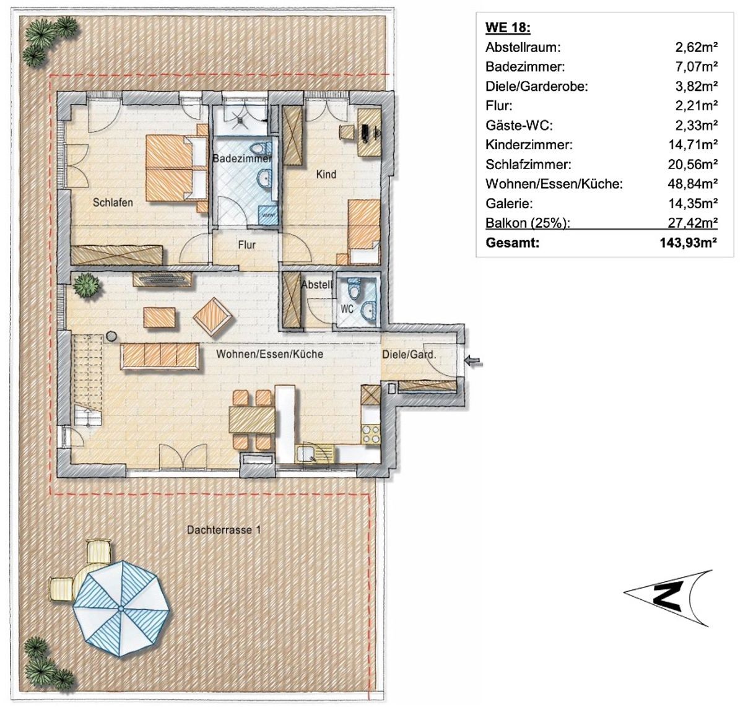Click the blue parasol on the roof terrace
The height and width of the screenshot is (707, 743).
point(121,609)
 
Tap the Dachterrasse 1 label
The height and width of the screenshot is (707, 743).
point(224,530)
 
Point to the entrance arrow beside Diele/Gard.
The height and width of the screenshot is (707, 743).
point(474,361)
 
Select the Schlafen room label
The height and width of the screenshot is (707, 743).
point(113,202)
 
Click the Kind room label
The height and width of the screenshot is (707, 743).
point(326,174)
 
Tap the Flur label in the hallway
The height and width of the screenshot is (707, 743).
point(246,245)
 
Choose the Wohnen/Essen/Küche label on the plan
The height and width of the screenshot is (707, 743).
point(269,354)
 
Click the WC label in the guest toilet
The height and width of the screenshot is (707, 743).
point(347,309)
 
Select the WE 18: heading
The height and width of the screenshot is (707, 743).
point(508,28)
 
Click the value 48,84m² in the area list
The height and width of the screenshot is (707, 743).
point(692,184)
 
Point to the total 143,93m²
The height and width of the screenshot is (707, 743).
point(688,242)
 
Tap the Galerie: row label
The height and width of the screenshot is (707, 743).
point(509,203)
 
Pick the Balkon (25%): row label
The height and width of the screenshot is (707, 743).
point(528,223)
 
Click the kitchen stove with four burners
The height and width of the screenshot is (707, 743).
point(370,434)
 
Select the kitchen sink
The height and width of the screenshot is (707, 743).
point(315,453)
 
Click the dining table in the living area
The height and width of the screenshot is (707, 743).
point(252,419)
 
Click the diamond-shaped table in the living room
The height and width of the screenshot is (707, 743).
point(212,316)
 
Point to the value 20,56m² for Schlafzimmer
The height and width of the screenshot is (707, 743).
point(692,164)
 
